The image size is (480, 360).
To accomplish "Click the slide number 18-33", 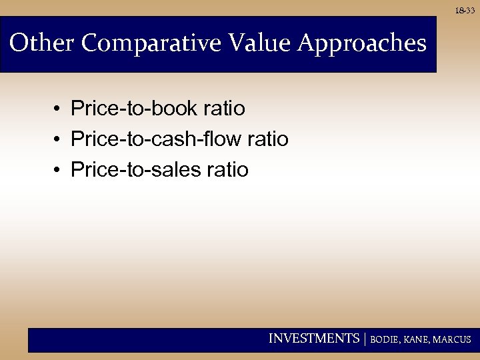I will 466,11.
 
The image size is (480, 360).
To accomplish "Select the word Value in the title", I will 259,43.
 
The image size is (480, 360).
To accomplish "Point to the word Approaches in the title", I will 362,45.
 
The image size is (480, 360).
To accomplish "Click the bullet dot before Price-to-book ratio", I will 59,109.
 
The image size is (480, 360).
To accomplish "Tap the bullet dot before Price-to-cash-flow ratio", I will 59,140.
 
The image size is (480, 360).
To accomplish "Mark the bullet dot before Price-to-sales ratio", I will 59,171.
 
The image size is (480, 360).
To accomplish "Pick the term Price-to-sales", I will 136,170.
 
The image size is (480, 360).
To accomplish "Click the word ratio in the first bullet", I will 226,108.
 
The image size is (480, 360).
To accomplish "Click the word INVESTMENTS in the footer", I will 313,339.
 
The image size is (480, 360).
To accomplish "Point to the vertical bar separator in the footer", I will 365,339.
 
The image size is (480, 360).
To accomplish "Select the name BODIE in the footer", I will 386,339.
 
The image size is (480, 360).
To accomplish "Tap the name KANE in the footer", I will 417,339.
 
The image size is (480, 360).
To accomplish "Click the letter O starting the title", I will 19,43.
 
